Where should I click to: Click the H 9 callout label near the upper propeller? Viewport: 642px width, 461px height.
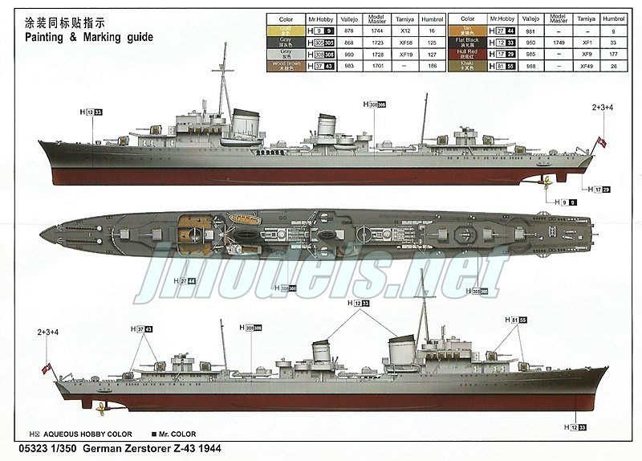click(x=567, y=202)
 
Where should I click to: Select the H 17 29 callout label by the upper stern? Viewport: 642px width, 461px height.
click(x=599, y=190)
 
